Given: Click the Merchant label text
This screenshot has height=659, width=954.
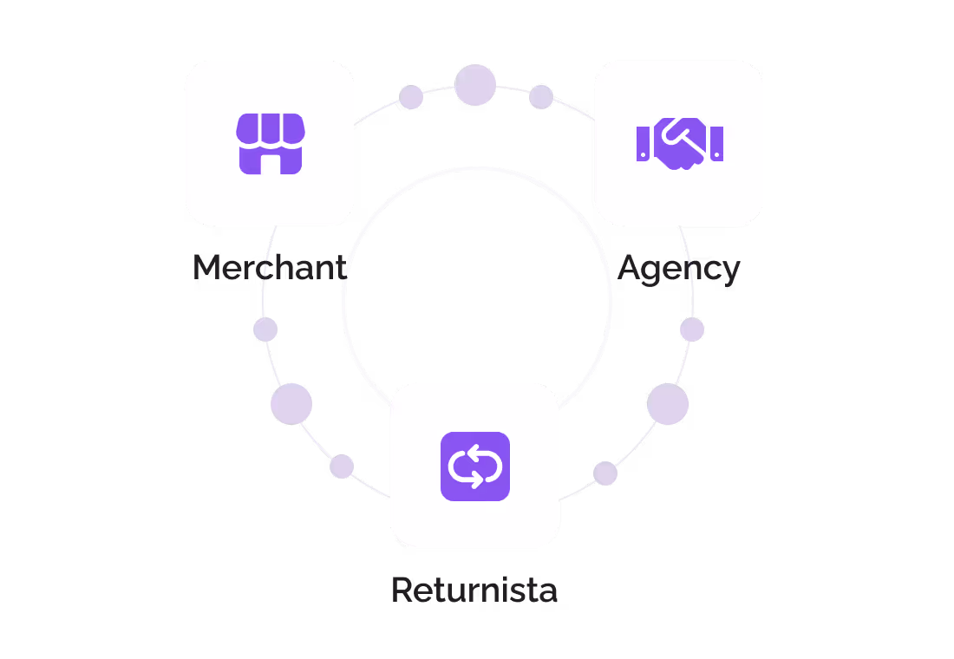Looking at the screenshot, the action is (x=269, y=268).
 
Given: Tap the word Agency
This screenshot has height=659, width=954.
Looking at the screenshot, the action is (x=679, y=269).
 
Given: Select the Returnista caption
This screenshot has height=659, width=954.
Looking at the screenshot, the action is (x=474, y=590).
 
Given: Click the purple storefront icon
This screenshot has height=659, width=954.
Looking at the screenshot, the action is (x=270, y=143).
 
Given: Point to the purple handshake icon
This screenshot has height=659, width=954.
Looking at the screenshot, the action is (x=679, y=143).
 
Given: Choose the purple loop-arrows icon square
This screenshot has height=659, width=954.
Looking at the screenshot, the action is (x=474, y=467).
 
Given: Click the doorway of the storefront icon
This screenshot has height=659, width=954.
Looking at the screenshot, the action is (x=270, y=163).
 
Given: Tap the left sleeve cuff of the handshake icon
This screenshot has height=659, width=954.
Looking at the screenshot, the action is (x=643, y=143).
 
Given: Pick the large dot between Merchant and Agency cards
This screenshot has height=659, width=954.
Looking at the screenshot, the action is (x=475, y=85).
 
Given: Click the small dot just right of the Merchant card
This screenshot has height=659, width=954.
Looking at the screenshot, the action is (x=411, y=97).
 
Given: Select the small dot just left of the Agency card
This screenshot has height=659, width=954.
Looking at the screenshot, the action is (x=541, y=97).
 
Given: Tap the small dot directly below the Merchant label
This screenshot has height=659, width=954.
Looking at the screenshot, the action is (x=265, y=329).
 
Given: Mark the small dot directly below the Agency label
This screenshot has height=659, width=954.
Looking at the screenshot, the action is (x=692, y=329).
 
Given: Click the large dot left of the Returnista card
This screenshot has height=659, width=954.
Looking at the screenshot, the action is (x=291, y=404).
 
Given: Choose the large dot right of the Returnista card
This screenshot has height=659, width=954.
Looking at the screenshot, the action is (x=668, y=404).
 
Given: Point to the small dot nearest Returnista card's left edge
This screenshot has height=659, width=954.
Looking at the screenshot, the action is (x=342, y=467).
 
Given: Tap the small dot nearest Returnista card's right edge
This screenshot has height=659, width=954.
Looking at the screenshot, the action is (x=605, y=473).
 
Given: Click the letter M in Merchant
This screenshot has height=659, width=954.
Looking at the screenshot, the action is (x=206, y=268).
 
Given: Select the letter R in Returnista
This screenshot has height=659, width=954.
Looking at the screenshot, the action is (x=402, y=590).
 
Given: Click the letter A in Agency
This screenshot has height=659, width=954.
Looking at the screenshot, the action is (x=631, y=268).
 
